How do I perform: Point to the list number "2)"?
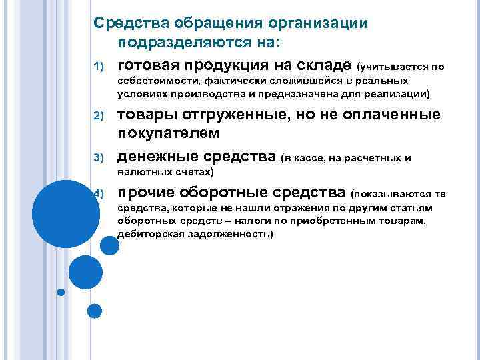(97, 117)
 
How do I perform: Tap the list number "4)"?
(97, 195)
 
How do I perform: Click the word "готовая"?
(147, 65)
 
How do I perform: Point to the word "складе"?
(323, 65)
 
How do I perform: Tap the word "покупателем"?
(169, 134)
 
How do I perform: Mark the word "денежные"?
(157, 157)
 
